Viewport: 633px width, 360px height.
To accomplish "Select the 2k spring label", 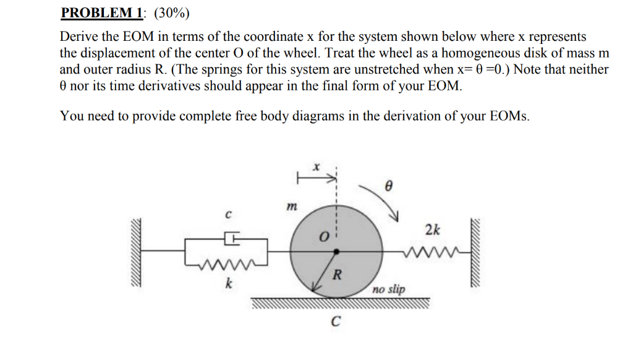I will pyautogui.click(x=433, y=230).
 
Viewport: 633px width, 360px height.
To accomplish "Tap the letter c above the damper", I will pyautogui.click(x=228, y=215).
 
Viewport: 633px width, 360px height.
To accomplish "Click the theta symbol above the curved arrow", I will pyautogui.click(x=388, y=184).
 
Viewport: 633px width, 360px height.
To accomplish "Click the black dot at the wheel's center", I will pyautogui.click(x=336, y=251).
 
